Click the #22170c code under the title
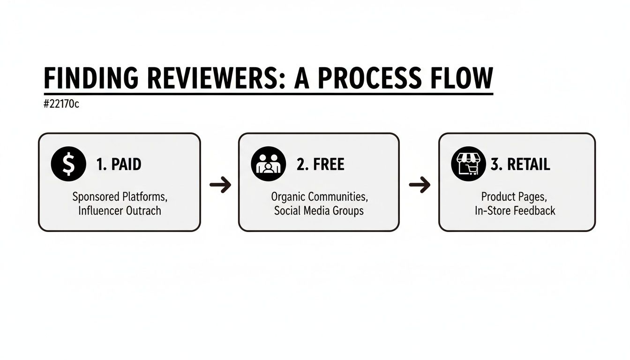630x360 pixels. pyautogui.click(x=61, y=104)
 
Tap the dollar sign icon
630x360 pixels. pyautogui.click(x=68, y=164)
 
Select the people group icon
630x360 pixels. pyautogui.click(x=268, y=164)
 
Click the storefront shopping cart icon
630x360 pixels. pyautogui.click(x=468, y=164)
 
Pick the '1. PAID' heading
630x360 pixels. pyautogui.click(x=119, y=165)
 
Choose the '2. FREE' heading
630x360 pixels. pyautogui.click(x=320, y=165)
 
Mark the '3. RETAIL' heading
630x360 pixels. pyautogui.click(x=520, y=165)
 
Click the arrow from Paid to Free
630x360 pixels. pyautogui.click(x=220, y=185)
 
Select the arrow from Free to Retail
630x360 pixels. pyautogui.click(x=420, y=185)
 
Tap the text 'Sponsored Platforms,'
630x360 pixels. pyautogui.click(x=120, y=196)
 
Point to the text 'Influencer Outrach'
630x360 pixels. pyautogui.click(x=120, y=210)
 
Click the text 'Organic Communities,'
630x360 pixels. pyautogui.click(x=319, y=196)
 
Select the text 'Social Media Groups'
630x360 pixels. pyautogui.click(x=319, y=210)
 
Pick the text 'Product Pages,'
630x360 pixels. pyautogui.click(x=514, y=196)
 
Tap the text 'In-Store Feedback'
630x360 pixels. pyautogui.click(x=514, y=210)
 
